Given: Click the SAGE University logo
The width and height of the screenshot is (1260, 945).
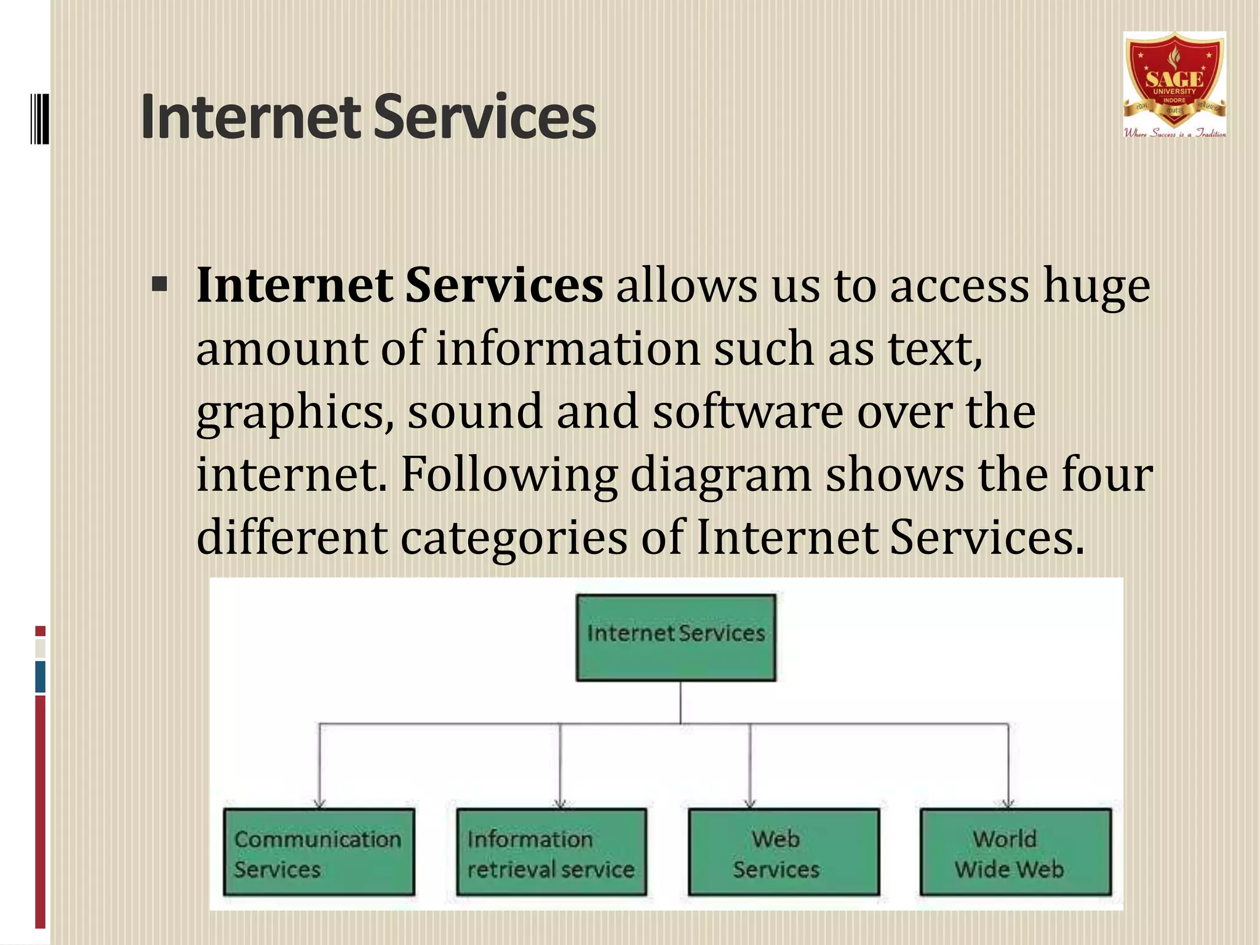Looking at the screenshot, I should pyautogui.click(x=1174, y=85).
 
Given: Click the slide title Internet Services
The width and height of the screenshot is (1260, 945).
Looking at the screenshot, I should pyautogui.click(x=368, y=117).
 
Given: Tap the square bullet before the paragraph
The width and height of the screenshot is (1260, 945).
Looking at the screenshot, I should pyautogui.click(x=159, y=285).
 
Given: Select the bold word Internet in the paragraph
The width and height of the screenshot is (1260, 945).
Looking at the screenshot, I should pyautogui.click(x=294, y=286).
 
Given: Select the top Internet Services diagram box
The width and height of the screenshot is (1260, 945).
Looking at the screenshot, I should pyautogui.click(x=676, y=637).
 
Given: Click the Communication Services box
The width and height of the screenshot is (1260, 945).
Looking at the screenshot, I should pyautogui.click(x=319, y=852).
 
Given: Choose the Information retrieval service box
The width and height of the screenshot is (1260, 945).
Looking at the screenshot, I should pyautogui.click(x=551, y=852).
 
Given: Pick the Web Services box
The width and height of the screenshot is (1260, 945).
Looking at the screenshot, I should pyautogui.click(x=783, y=852).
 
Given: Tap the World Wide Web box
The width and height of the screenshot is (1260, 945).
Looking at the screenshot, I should pyautogui.click(x=1016, y=852).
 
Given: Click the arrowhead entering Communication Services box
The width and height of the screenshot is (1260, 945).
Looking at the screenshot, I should pyautogui.click(x=319, y=803).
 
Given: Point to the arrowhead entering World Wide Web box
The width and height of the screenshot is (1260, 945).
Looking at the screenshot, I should pyautogui.click(x=1008, y=803).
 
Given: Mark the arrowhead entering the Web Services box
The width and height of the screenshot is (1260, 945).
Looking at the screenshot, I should pyautogui.click(x=749, y=803).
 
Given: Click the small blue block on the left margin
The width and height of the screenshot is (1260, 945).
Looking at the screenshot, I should pyautogui.click(x=41, y=677).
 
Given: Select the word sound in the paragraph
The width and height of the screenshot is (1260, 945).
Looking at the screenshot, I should pyautogui.click(x=475, y=412).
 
